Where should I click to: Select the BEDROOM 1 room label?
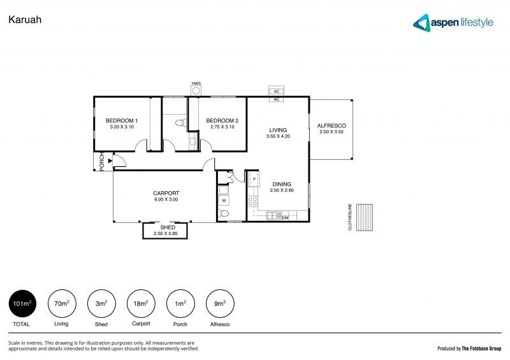click(x=122, y=120)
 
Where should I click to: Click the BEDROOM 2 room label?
click(x=222, y=120)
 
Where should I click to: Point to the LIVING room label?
click(x=278, y=130)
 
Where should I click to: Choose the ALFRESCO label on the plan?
click(x=331, y=126)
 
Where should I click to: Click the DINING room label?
click(x=280, y=184)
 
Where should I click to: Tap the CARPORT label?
click(x=165, y=193)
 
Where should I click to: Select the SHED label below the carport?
click(x=168, y=227)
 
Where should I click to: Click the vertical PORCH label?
click(x=101, y=162)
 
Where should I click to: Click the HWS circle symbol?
click(x=196, y=90)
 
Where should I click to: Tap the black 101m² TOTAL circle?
click(x=22, y=304)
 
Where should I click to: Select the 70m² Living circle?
click(x=61, y=304)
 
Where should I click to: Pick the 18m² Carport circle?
click(x=140, y=304)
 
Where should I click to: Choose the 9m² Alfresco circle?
click(x=219, y=304)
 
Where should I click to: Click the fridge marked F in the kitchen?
click(x=253, y=179)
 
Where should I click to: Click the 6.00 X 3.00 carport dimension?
click(x=165, y=199)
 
